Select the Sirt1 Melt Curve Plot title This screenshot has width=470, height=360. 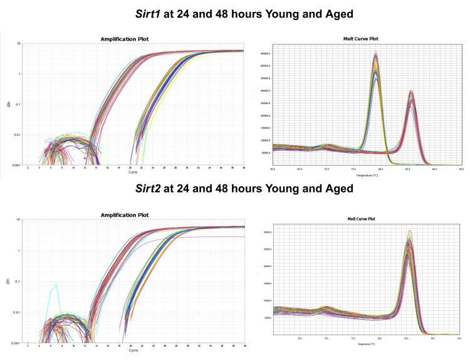[x=357, y=39]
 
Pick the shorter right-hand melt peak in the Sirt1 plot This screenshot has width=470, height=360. [x=411, y=92]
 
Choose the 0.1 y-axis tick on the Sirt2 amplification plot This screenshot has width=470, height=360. [x=19, y=281]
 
